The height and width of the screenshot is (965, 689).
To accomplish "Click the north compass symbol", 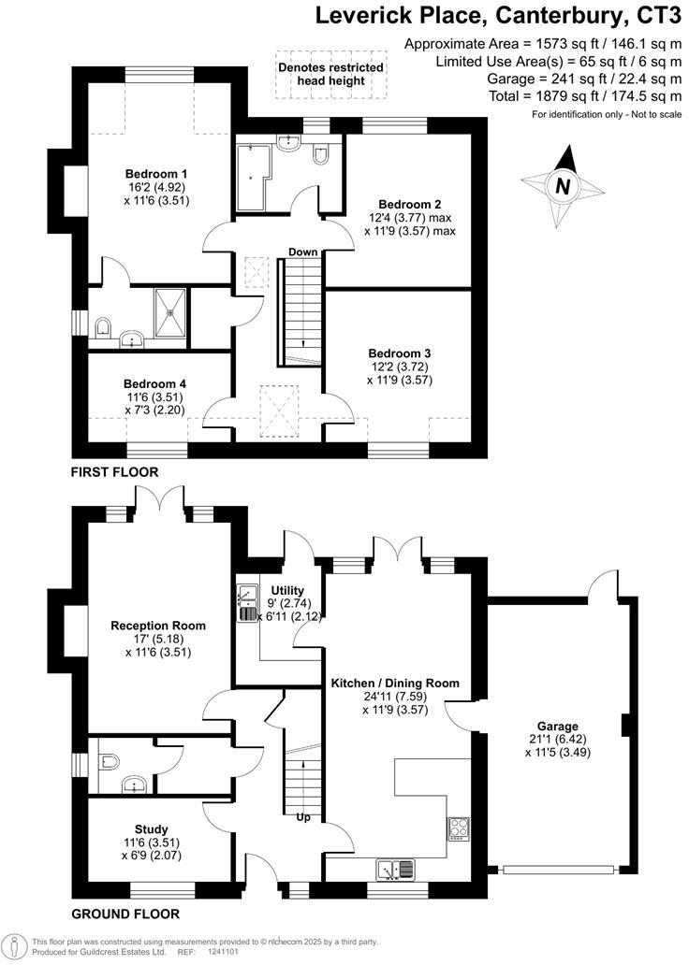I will [x=563, y=185].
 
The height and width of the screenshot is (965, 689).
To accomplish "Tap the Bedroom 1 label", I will [x=157, y=174].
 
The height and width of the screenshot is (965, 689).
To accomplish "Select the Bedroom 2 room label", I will [x=410, y=205].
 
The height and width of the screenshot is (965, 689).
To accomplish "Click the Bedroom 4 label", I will [x=155, y=383].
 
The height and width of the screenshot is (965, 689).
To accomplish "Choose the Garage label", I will [x=558, y=726].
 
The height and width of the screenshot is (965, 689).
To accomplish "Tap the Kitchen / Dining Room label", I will [x=395, y=684].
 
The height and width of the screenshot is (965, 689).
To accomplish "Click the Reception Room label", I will [x=158, y=626].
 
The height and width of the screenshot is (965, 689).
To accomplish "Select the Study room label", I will [x=151, y=828].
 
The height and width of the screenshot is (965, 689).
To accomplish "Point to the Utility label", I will [x=287, y=590].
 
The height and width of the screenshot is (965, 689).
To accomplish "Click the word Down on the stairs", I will [x=302, y=252].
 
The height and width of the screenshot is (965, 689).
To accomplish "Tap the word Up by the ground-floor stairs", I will [x=303, y=817].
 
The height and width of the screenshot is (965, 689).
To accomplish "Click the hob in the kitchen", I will [x=460, y=827].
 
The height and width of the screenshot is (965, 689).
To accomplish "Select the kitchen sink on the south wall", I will [x=397, y=870].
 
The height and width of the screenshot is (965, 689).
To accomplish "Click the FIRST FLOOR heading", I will [x=114, y=472].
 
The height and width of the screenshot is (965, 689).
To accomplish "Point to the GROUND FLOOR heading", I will [x=125, y=914].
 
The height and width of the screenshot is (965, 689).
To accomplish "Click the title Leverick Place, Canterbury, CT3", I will [x=498, y=15].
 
